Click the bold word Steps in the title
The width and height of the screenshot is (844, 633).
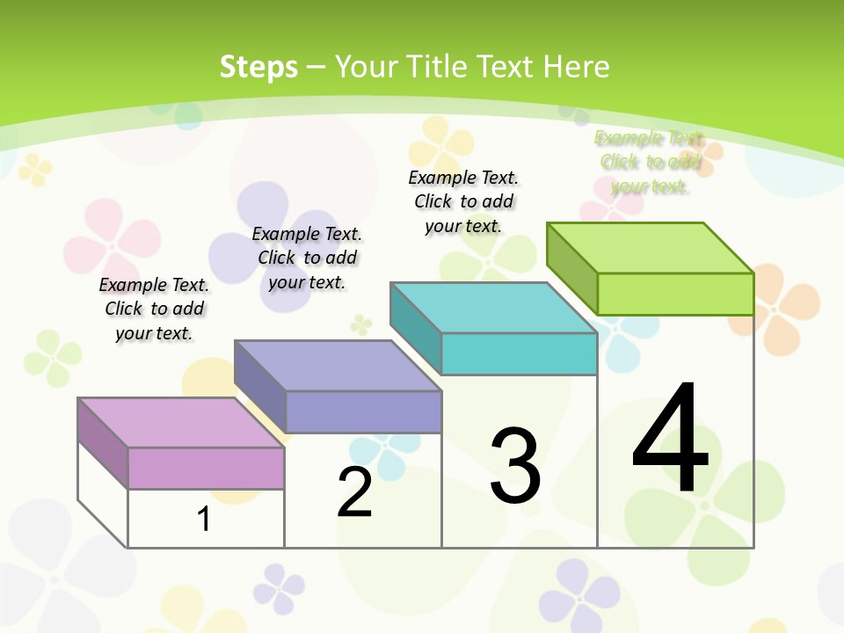tap(258, 67)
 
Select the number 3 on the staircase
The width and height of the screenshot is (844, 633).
tap(514, 466)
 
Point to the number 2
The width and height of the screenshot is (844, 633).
tap(354, 492)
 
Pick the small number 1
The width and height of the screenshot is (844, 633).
tap(204, 519)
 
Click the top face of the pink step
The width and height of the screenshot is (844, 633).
tap(180, 423)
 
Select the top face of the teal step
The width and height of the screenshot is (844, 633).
tap(493, 308)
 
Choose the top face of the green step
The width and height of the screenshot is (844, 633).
tap(651, 248)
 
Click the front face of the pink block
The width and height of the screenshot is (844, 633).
tap(206, 468)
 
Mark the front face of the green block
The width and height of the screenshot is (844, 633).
tap(675, 294)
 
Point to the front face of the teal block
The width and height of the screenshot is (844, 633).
tap(519, 353)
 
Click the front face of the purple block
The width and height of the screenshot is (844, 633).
tap(363, 411)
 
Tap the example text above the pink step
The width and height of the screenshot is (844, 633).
tap(154, 309)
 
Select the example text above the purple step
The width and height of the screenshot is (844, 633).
tap(307, 258)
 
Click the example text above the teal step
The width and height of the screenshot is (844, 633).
tap(463, 201)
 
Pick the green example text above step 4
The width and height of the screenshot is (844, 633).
tap(650, 162)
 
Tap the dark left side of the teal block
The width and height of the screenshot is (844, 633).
tap(415, 328)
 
